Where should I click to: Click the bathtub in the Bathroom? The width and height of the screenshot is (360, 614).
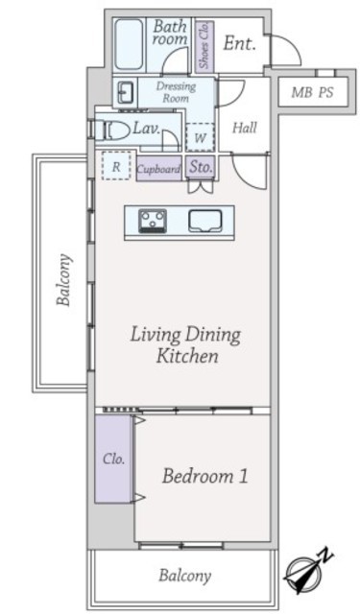(129, 45)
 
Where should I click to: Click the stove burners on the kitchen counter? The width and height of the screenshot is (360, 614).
(153, 221)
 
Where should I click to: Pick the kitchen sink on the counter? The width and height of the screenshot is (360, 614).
(204, 221)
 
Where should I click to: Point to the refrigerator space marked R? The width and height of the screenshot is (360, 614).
(116, 166)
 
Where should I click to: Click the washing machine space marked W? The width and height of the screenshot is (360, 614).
(201, 137)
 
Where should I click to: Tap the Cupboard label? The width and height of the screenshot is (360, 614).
(158, 169)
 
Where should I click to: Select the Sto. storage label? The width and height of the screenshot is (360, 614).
(201, 167)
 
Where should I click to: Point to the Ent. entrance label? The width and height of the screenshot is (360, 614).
(239, 43)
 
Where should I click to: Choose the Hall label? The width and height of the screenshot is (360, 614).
(245, 128)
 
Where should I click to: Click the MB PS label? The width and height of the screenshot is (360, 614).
(312, 92)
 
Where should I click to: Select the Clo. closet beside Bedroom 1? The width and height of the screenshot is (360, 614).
(113, 459)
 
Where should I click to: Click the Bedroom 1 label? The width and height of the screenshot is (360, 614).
(204, 476)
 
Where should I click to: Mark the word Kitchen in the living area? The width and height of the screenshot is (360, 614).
(187, 356)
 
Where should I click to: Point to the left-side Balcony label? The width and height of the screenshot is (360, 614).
(64, 279)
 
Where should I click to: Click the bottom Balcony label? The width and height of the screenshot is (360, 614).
(184, 576)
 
